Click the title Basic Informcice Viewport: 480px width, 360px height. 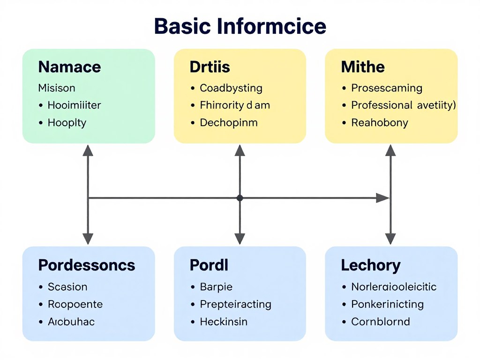pyautogui.click(x=240, y=26)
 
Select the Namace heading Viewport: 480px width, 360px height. pyautogui.click(x=69, y=67)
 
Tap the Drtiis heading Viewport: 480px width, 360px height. pyautogui.click(x=210, y=67)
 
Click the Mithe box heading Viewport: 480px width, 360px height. pyautogui.click(x=363, y=67)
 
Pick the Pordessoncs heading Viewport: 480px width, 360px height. pyautogui.click(x=87, y=265)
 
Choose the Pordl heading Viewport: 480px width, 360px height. pyautogui.click(x=209, y=265)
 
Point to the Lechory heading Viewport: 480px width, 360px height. pyautogui.click(x=371, y=265)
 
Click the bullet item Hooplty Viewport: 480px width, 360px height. pyautogui.click(x=67, y=123)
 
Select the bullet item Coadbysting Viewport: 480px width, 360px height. pyautogui.click(x=231, y=88)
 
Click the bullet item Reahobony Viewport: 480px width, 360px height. pyautogui.click(x=380, y=123)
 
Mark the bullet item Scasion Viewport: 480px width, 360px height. pyautogui.click(x=67, y=287)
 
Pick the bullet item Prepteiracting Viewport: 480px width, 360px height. pyautogui.click(x=235, y=304)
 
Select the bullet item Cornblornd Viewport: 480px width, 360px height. pyautogui.click(x=381, y=322)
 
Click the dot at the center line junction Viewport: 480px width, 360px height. pyautogui.click(x=240, y=198)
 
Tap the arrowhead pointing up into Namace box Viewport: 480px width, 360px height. pyautogui.click(x=88, y=150)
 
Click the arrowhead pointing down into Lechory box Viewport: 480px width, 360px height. pyautogui.click(x=390, y=239)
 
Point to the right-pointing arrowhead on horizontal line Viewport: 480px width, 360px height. pyautogui.click(x=383, y=198)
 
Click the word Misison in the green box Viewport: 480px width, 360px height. pyautogui.click(x=57, y=88)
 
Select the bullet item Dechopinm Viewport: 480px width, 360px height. pyautogui.click(x=229, y=123)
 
